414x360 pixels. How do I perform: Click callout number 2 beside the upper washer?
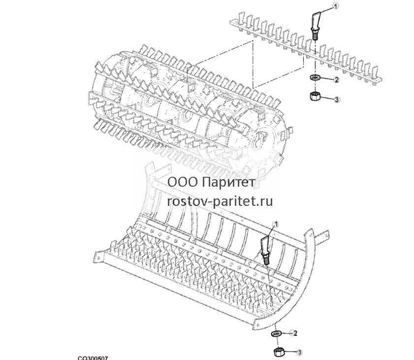336,79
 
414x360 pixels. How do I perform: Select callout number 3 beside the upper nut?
336,99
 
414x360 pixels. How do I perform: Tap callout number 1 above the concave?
277,225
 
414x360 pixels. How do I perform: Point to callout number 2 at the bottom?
295,333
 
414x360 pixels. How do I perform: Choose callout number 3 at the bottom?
299,352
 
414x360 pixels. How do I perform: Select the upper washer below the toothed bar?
315,78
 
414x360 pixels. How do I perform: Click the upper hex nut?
315,96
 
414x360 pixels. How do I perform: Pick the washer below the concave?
276,333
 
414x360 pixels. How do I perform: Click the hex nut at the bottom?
279,352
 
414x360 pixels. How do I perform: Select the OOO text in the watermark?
183,182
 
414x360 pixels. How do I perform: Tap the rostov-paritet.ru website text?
220,201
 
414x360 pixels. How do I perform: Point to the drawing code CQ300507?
93,358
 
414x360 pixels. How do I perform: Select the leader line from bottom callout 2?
286,333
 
